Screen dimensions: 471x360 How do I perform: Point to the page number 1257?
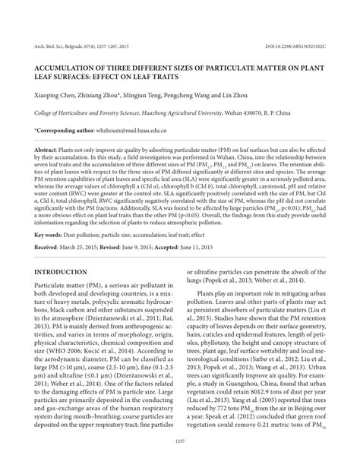tap(180, 461)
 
